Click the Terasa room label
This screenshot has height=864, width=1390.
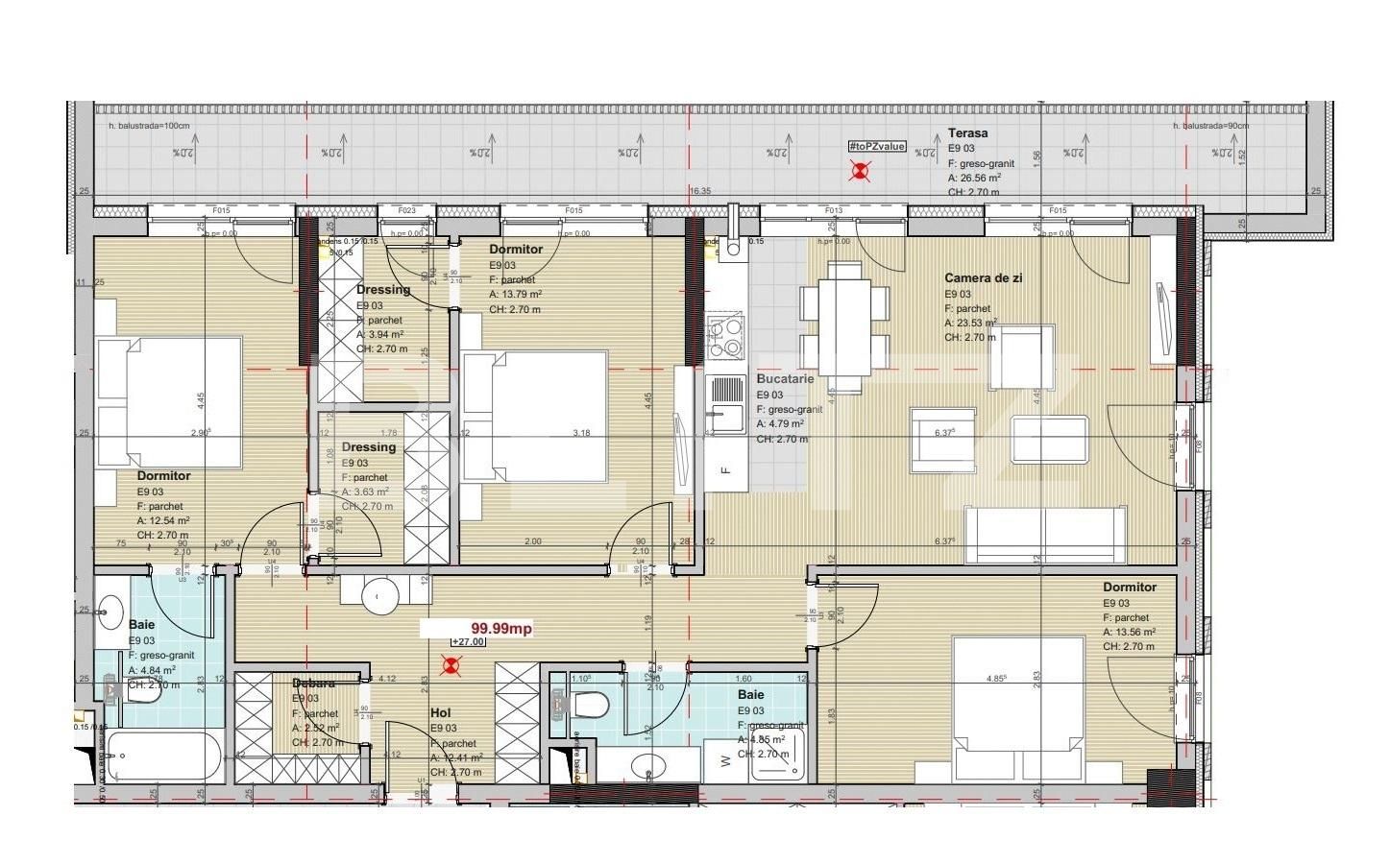[967, 133]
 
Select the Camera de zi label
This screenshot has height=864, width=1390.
[983, 277]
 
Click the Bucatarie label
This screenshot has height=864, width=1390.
[785, 379]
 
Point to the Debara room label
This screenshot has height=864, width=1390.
[314, 684]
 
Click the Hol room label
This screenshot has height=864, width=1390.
[441, 712]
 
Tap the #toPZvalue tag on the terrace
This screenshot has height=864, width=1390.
[876, 146]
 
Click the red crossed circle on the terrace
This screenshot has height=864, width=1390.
[862, 171]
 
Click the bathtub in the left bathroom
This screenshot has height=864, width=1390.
[164, 757]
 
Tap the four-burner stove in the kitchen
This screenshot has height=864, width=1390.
[725, 336]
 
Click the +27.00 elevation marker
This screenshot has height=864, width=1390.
[468, 643]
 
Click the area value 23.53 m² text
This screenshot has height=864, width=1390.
[970, 324]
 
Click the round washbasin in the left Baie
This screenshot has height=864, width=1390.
[111, 609]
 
